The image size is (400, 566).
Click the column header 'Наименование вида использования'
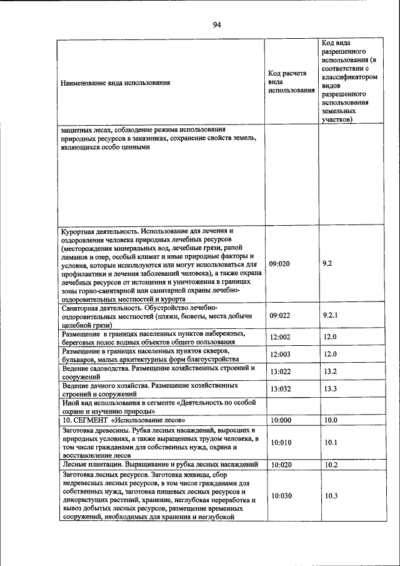[115, 82]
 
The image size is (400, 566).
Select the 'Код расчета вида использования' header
[291, 82]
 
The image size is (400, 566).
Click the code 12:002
[281, 337]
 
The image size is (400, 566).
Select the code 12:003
[281, 355]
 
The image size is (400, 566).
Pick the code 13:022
[281, 372]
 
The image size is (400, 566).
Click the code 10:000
[281, 420]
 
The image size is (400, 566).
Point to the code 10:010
[281, 443]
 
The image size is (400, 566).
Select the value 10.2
[331, 465]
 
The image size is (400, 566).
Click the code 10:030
[281, 496]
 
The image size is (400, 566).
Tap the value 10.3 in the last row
[331, 496]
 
